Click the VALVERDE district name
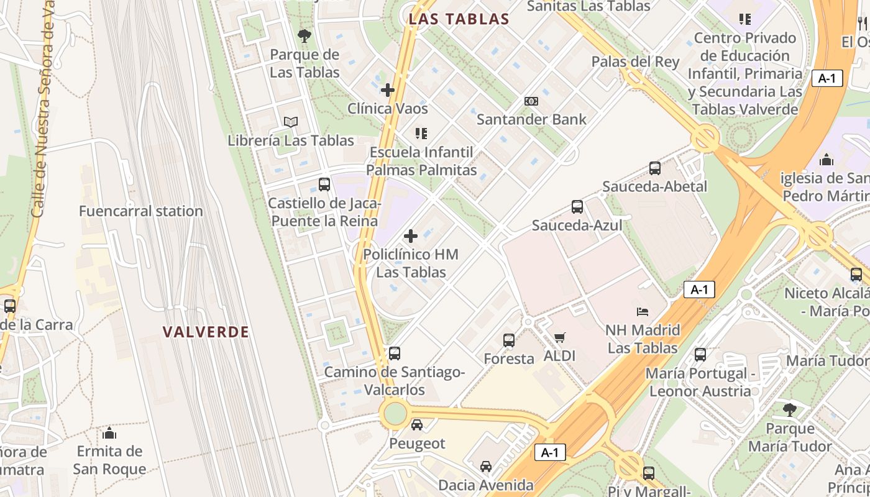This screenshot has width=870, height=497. pyautogui.click(x=206, y=332)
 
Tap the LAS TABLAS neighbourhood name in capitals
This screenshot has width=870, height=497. pyautogui.click(x=459, y=19)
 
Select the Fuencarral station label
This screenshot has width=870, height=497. pyautogui.click(x=141, y=211)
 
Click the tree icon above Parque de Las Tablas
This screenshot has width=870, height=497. pyautogui.click(x=304, y=36)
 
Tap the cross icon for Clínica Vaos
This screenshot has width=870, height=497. pyautogui.click(x=388, y=90)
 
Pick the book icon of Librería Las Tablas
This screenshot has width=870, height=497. pyautogui.click(x=291, y=122)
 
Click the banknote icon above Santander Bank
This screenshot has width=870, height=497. pyautogui.click(x=531, y=101)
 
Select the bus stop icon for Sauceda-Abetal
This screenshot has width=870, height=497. pyautogui.click(x=654, y=168)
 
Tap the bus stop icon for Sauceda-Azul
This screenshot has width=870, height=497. pyautogui.click(x=577, y=207)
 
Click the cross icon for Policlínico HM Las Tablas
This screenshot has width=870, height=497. pyautogui.click(x=411, y=236)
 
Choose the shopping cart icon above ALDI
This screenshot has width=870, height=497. pyautogui.click(x=559, y=338)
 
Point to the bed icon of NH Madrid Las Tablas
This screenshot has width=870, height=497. pyautogui.click(x=643, y=311)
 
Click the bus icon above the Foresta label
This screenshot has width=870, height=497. pyautogui.click(x=509, y=340)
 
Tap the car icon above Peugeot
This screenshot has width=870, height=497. pyautogui.click(x=417, y=425)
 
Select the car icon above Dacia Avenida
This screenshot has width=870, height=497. pyautogui.click(x=486, y=466)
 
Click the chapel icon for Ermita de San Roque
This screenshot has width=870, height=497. pyautogui.click(x=109, y=432)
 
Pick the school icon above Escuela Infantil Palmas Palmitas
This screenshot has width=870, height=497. pyautogui.click(x=421, y=134)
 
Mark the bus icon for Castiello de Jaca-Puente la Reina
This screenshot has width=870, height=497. pyautogui.click(x=324, y=185)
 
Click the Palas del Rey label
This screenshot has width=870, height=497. pyautogui.click(x=635, y=62)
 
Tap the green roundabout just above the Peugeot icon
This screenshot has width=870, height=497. pyautogui.click(x=395, y=413)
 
